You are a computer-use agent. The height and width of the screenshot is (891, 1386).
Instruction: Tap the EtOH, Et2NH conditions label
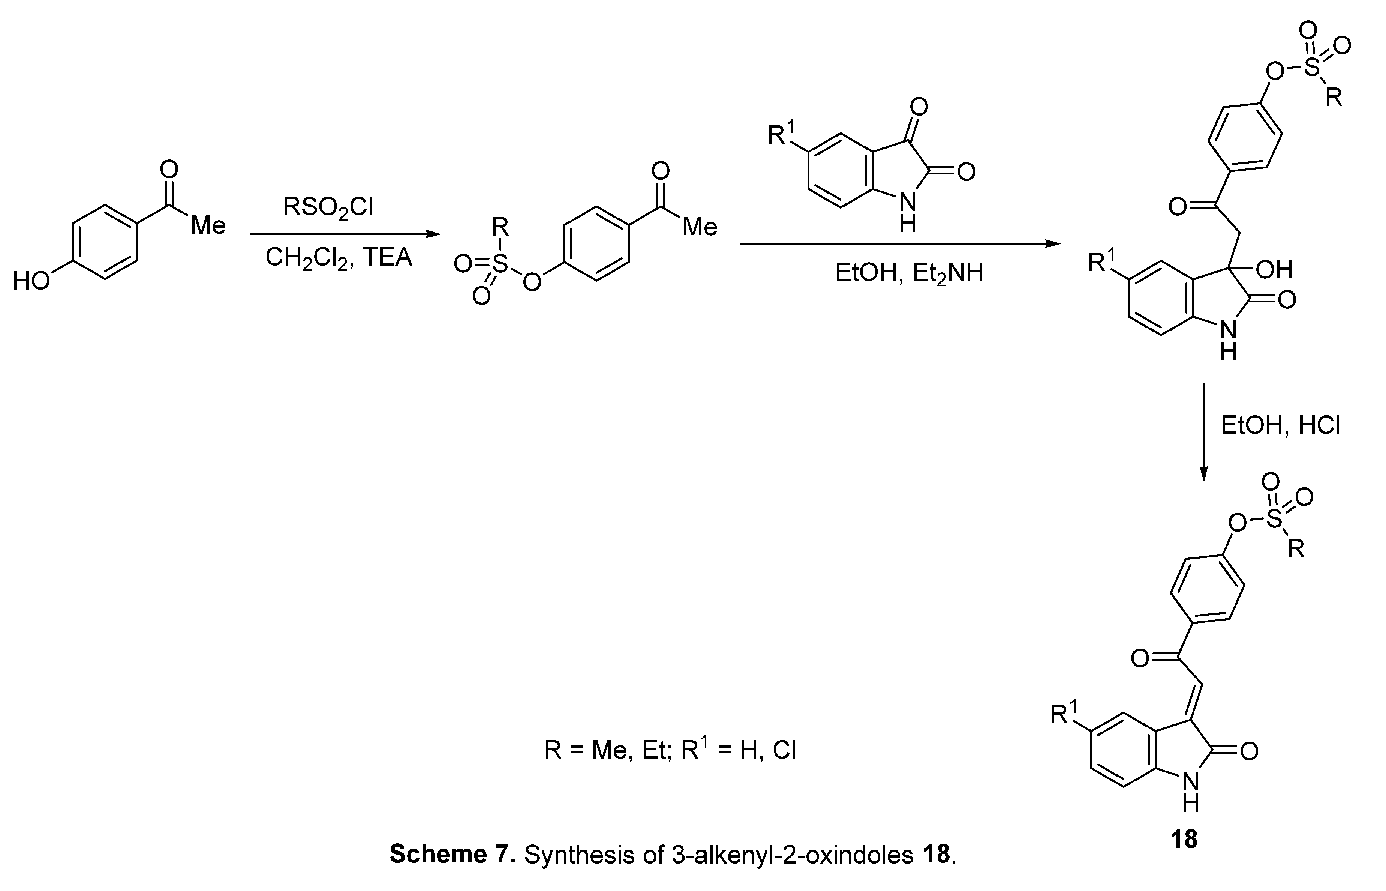[x=909, y=272]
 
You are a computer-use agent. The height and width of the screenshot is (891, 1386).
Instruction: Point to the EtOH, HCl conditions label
[x=1280, y=426]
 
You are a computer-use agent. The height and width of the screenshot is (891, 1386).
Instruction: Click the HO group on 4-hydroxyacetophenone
[x=31, y=282]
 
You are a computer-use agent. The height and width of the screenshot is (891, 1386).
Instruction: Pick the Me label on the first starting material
[x=208, y=225]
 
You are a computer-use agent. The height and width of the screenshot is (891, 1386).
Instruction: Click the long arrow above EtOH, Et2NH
[x=900, y=244]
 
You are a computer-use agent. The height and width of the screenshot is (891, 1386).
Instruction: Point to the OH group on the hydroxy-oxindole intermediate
[x=1274, y=270]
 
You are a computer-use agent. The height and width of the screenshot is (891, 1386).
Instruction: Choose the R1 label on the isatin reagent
[x=779, y=134]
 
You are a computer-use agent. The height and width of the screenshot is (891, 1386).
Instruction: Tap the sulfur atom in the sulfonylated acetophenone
[x=500, y=265]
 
